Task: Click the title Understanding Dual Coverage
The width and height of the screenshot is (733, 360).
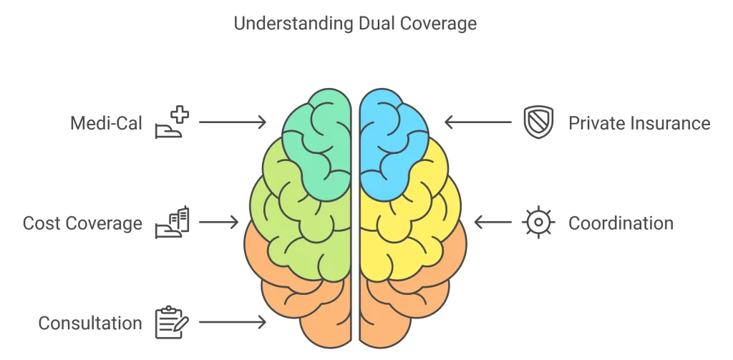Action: coord(355,23)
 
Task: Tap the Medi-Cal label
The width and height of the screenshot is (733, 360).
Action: coord(106,123)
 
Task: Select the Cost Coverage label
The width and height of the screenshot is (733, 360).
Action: coord(82,223)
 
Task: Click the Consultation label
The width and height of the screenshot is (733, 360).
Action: coord(90,323)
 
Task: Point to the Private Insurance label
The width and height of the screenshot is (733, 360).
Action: coord(639,123)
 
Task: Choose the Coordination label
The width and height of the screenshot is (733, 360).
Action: coord(621,223)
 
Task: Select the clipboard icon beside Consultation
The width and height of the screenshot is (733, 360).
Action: coord(172,323)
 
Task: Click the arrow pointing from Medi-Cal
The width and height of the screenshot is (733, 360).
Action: coord(232,122)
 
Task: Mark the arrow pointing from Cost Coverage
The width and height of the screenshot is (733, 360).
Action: coord(218,223)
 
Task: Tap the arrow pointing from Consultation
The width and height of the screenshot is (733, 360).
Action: coord(232,323)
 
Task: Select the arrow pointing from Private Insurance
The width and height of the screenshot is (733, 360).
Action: coord(478,122)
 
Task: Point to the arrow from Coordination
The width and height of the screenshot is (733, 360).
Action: coord(493,223)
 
